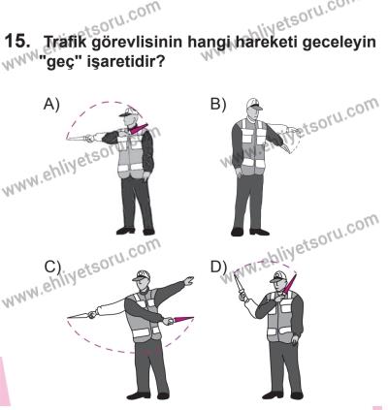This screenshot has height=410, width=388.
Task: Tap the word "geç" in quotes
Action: pos(72,66)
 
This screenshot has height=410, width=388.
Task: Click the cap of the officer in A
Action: pos(131,111)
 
